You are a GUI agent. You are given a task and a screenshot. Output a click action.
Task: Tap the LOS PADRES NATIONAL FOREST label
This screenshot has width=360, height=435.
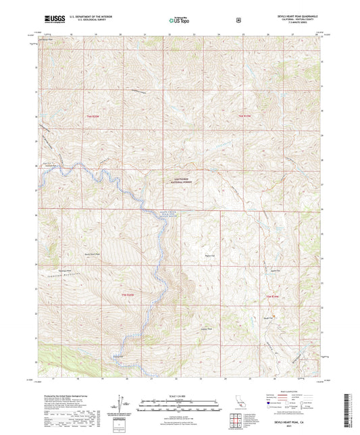pos(178,180)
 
